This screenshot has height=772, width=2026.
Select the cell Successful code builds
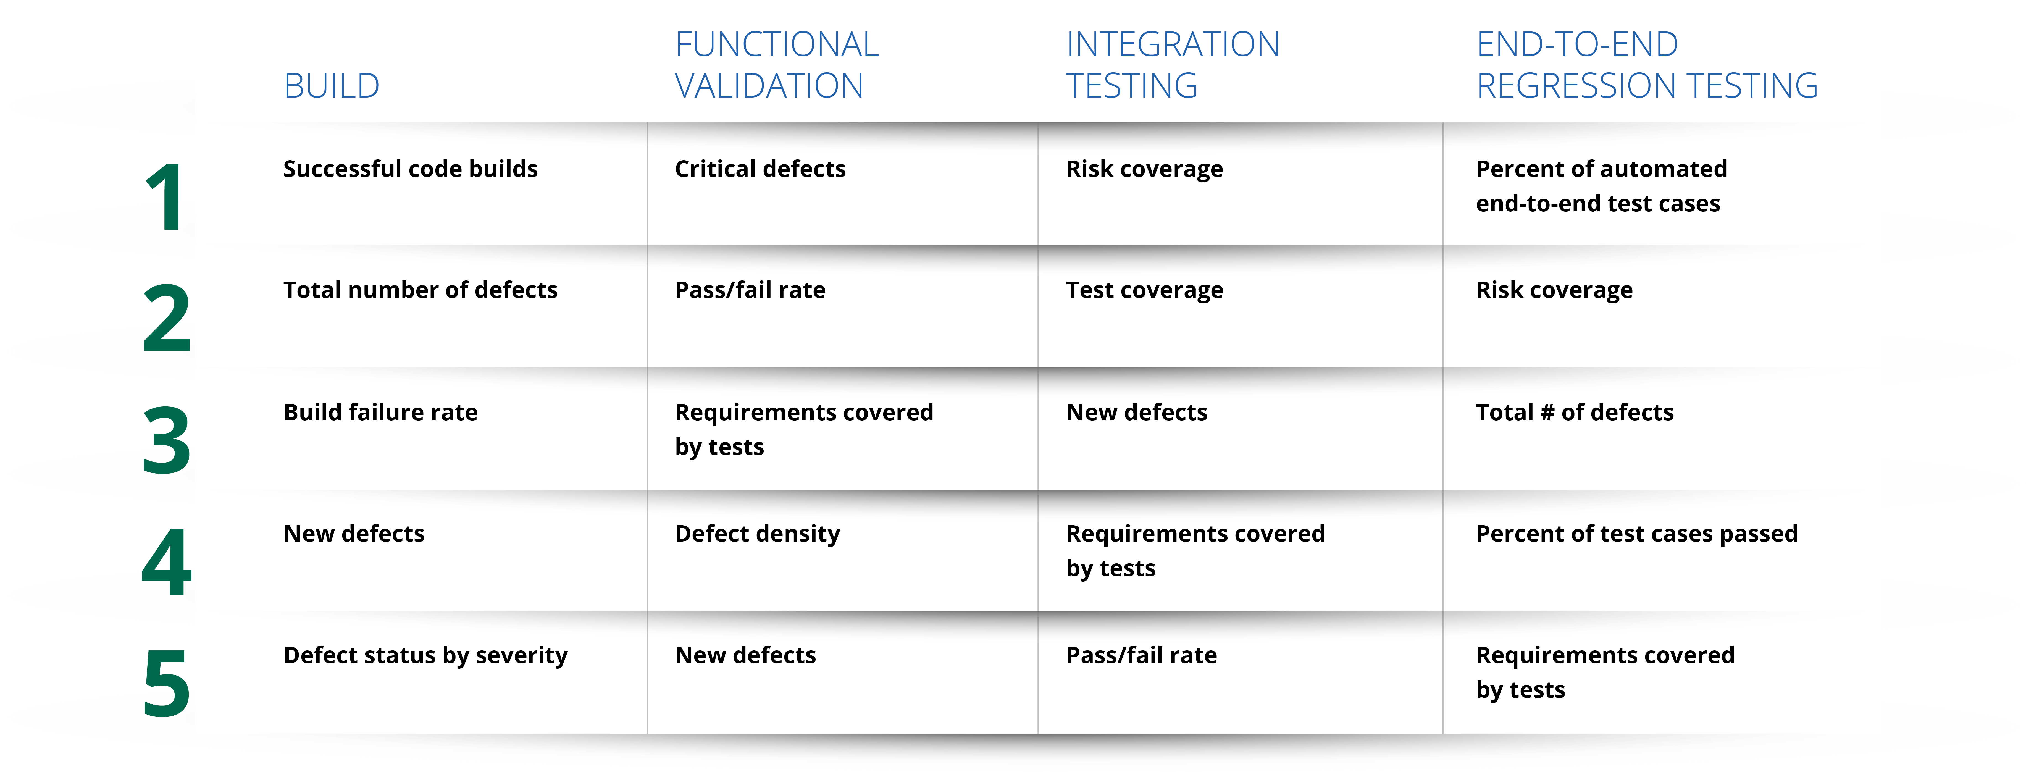411,169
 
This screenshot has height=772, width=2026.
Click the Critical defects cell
760,169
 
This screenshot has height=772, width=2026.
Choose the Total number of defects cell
420,290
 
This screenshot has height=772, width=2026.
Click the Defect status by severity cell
425,656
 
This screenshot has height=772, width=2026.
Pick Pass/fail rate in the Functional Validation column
750,290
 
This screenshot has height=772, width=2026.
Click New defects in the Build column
354,534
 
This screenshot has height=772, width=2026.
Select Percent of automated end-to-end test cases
1601,186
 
